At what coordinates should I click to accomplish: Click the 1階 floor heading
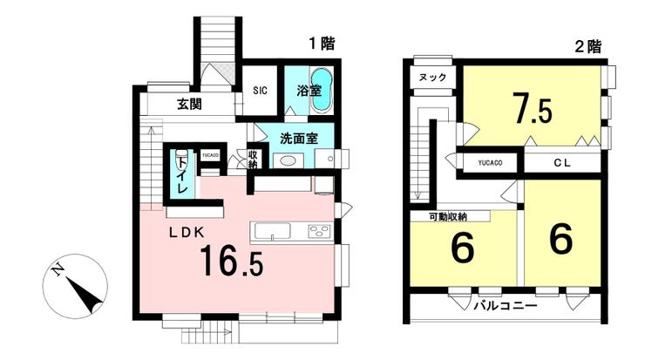(x=321, y=42)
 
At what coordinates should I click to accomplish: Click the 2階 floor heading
(x=587, y=47)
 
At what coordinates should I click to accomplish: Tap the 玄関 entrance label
(x=190, y=105)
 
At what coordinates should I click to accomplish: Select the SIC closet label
(x=260, y=90)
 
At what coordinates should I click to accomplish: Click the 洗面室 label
(x=298, y=138)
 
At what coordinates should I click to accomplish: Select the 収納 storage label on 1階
(x=253, y=160)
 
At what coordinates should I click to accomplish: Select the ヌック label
(x=433, y=78)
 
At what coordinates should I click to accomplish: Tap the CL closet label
(x=560, y=162)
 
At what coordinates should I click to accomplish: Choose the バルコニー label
(x=506, y=307)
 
